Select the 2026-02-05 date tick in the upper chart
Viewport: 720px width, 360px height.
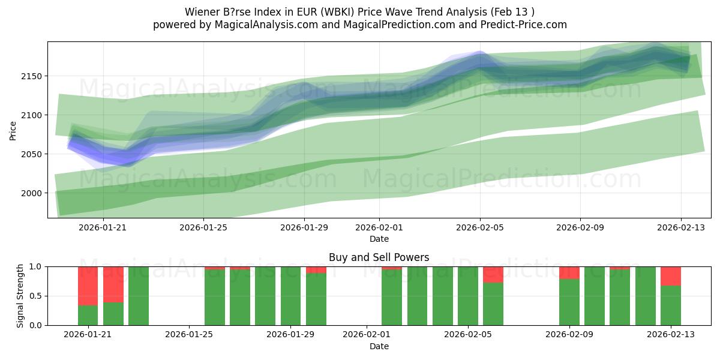[x=479, y=227]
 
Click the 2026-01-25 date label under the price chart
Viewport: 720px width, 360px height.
[x=203, y=227]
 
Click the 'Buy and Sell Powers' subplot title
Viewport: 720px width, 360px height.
[x=379, y=257]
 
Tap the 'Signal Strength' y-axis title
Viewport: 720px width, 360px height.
[x=20, y=296]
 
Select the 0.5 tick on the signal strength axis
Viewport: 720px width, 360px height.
[x=35, y=296]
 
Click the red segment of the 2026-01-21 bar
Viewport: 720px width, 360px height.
[x=88, y=286]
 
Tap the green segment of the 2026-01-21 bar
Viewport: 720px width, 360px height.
[x=88, y=316]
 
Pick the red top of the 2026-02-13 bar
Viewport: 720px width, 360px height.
[x=670, y=276]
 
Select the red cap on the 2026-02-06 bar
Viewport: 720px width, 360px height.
[x=493, y=274]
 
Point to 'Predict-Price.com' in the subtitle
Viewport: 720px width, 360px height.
[x=527, y=25]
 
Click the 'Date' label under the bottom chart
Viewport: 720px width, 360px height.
[x=379, y=346]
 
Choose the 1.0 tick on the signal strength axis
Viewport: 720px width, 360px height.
[x=35, y=266]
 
